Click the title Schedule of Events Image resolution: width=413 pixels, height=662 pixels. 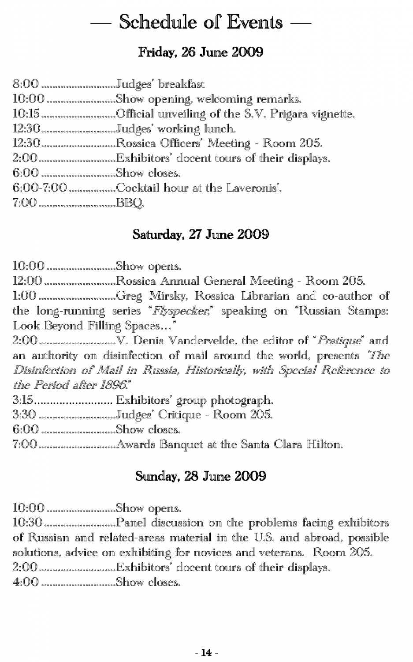(x=201, y=22)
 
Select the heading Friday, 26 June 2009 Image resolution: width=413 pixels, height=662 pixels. (x=201, y=52)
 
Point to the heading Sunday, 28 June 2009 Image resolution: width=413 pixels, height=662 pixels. (x=201, y=476)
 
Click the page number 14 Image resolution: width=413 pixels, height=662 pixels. (x=206, y=652)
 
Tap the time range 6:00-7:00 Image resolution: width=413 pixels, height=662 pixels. (x=40, y=188)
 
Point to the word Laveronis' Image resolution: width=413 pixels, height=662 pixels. (x=254, y=188)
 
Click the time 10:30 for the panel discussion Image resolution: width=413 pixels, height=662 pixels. (x=27, y=523)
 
